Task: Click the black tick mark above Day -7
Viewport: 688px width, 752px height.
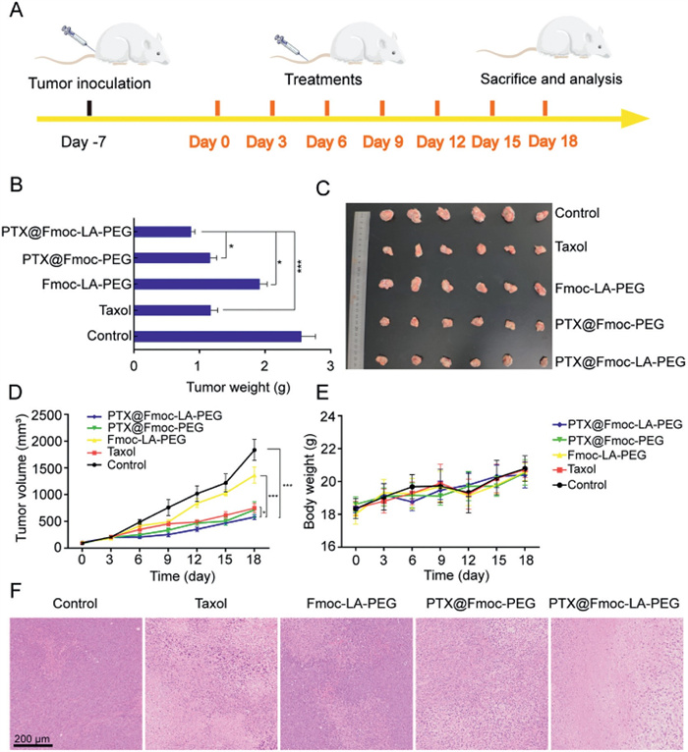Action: tap(89, 107)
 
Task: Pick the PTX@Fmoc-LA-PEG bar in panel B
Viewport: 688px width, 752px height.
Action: tap(162, 232)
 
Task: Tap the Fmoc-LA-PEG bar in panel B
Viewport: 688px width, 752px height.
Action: tap(197, 284)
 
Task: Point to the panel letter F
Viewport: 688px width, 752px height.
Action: tap(14, 594)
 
